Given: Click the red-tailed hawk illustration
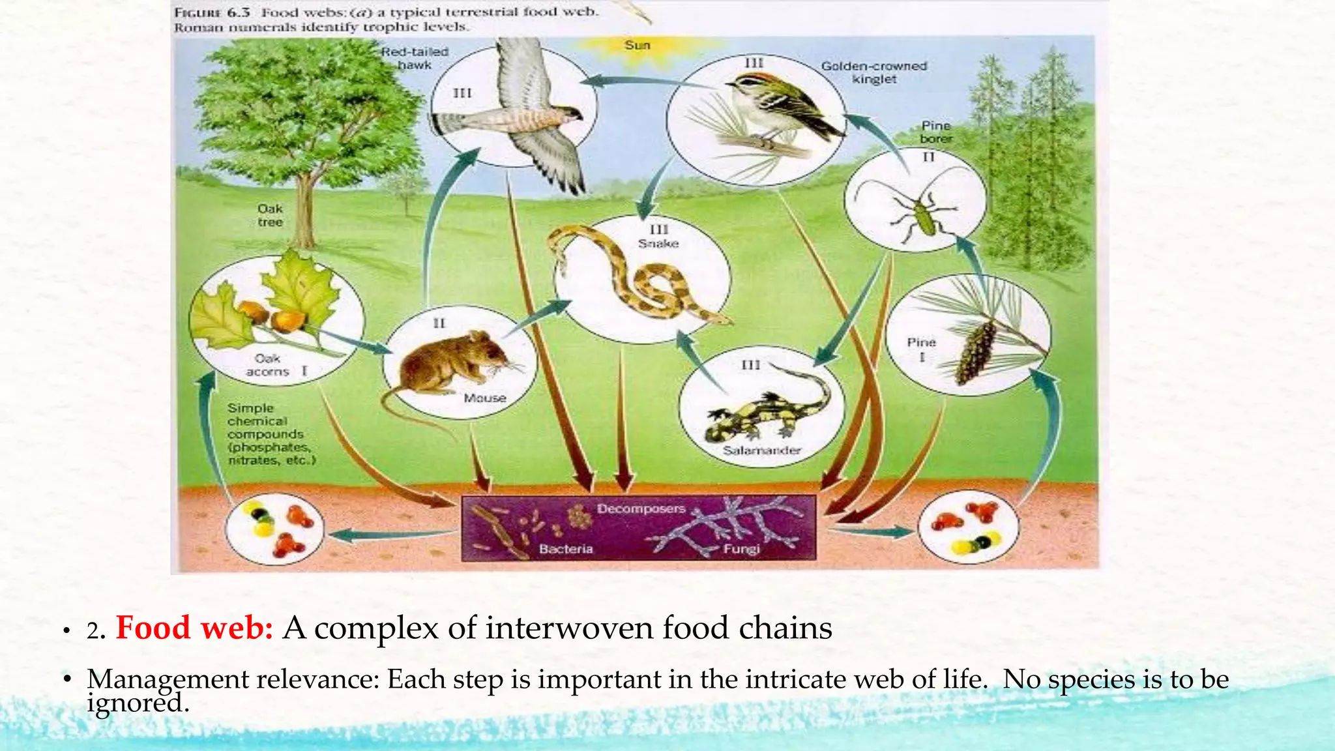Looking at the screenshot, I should [521, 117].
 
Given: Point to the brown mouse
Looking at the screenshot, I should [450, 362].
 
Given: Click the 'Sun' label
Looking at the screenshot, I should [637, 45].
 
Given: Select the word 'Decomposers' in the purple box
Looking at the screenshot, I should [641, 508].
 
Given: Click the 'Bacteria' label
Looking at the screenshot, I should [566, 549].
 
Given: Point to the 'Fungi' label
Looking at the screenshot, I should [741, 549].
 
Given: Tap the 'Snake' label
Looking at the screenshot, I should [658, 243].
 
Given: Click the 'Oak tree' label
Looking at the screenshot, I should [270, 215].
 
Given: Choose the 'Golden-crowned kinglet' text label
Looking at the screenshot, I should [873, 72].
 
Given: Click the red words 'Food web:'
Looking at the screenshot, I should [194, 628].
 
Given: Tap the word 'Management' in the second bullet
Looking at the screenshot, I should [168, 679].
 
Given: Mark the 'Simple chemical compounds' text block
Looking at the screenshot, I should [271, 434].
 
